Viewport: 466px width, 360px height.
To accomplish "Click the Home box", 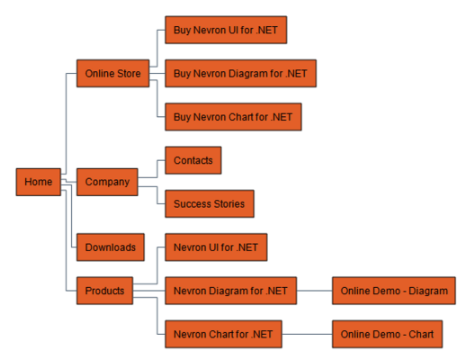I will click(x=38, y=182).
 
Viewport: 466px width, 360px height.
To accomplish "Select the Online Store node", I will click(x=112, y=73).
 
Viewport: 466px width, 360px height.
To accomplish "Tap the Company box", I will click(x=107, y=182).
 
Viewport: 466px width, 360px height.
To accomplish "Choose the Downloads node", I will click(x=111, y=247).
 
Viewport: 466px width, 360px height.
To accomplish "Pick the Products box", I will click(x=105, y=291).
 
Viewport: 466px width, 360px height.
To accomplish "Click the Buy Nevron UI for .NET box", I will click(x=226, y=30).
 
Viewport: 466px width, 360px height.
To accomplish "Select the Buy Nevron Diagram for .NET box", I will click(x=240, y=73).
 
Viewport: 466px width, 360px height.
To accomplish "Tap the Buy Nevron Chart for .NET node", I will click(x=232, y=117).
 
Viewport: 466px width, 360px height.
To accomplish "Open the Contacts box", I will click(x=193, y=160).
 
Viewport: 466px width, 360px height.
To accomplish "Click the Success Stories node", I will click(x=209, y=203).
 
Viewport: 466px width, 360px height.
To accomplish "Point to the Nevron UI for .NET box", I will click(x=216, y=247).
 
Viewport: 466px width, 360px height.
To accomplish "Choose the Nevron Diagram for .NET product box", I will click(x=230, y=291).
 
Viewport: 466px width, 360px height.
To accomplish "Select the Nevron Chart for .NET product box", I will click(x=223, y=335).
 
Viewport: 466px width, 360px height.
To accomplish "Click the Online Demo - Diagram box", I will click(x=393, y=291).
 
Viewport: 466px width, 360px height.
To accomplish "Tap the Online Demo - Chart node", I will click(x=387, y=335).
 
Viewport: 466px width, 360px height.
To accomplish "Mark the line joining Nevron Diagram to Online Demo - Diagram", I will click(x=314, y=291).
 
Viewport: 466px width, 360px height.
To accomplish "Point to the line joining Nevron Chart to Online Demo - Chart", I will click(x=307, y=335).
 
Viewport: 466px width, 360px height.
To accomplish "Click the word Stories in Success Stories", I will click(x=229, y=203).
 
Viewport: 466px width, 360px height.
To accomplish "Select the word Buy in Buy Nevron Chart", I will click(x=183, y=117).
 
